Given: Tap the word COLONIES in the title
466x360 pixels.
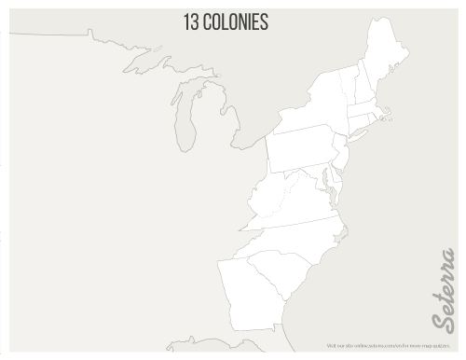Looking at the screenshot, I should [x=237, y=21].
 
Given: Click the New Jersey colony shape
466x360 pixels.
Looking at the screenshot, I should [x=341, y=154].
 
